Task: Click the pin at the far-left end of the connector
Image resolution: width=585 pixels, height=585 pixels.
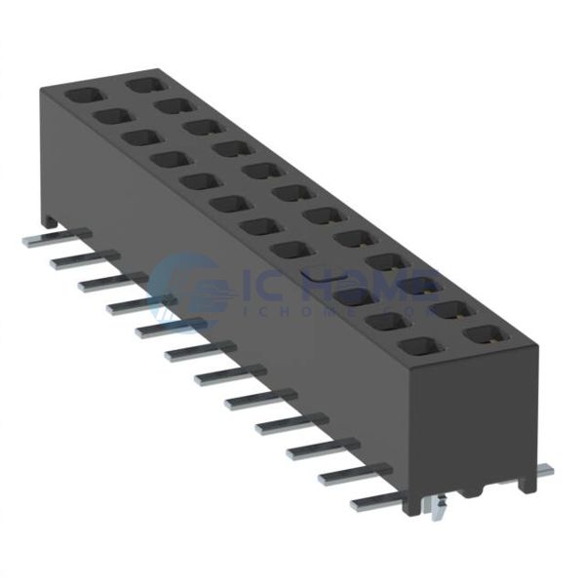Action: (44, 238)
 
